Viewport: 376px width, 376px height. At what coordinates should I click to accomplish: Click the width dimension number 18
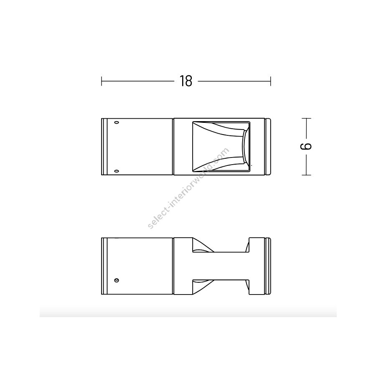click(186, 81)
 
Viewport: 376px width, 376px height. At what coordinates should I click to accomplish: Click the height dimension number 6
click(306, 146)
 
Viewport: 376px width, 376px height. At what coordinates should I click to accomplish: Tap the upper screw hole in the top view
click(117, 122)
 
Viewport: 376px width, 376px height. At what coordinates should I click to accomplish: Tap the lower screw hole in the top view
click(117, 171)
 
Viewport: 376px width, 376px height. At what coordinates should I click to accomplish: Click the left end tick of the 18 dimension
click(102, 81)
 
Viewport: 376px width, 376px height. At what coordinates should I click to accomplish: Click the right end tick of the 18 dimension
click(270, 81)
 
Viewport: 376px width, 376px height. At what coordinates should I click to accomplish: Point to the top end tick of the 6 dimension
click(306, 118)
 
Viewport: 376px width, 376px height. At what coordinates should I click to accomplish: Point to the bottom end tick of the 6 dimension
click(306, 175)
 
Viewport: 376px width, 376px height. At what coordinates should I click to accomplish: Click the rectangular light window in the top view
click(221, 147)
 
